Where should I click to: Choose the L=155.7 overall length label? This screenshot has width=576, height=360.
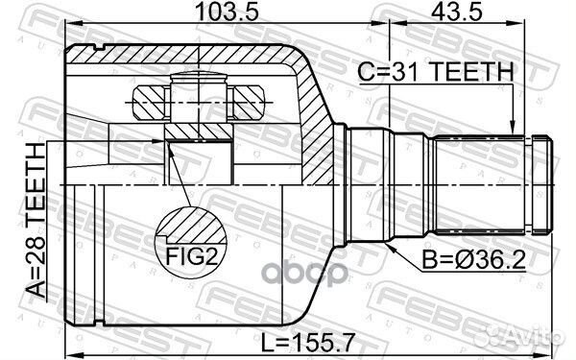click(x=304, y=340)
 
